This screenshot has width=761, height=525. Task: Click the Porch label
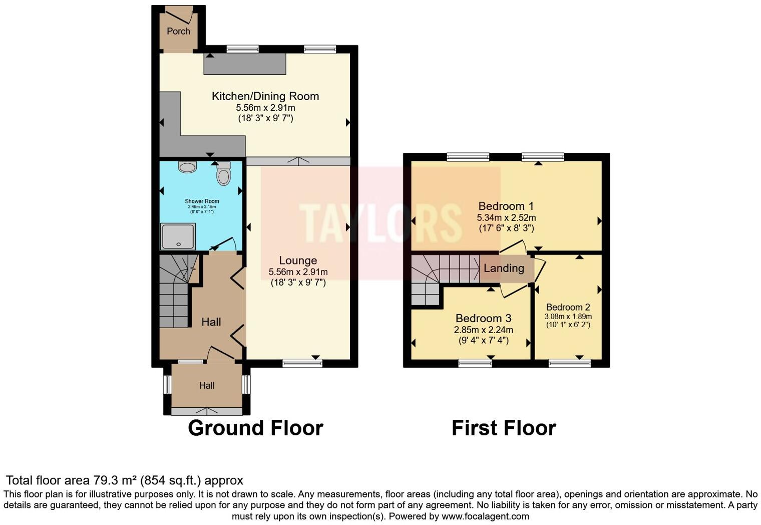[178, 31]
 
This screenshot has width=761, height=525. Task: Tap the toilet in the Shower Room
[223, 175]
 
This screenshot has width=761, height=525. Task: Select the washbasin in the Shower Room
[187, 167]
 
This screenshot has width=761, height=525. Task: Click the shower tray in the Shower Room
[178, 236]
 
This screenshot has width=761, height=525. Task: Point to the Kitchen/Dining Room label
[265, 96]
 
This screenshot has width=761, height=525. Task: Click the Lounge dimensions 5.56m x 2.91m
[298, 272]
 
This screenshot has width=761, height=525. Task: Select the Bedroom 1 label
[506, 206]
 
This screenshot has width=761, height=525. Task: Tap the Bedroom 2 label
[568, 307]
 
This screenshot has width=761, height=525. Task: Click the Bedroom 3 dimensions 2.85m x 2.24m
[483, 330]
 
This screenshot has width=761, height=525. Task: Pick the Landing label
[504, 268]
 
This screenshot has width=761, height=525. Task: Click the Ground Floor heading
[255, 428]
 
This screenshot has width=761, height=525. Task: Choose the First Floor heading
[504, 428]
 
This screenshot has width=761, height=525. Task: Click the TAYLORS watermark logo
[380, 223]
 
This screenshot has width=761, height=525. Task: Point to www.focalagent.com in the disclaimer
[485, 516]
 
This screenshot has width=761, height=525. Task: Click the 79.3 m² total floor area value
[115, 480]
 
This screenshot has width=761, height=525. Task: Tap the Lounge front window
[302, 363]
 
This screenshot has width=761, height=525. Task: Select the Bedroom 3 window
[475, 363]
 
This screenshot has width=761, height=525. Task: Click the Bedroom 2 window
[569, 363]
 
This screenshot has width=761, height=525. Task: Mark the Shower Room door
[223, 245]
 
